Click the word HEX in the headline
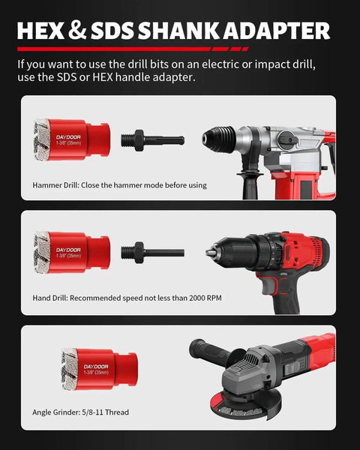point(40,31)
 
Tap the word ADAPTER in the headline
point(277,31)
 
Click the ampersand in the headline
point(77,31)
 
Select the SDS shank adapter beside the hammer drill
point(152,139)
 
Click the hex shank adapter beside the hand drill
point(152,252)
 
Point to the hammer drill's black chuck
point(219,139)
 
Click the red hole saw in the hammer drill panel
point(72,139)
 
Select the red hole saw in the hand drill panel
point(72,253)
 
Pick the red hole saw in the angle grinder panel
point(100,369)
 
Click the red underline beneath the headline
point(133,49)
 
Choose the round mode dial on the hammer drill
point(288,139)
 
